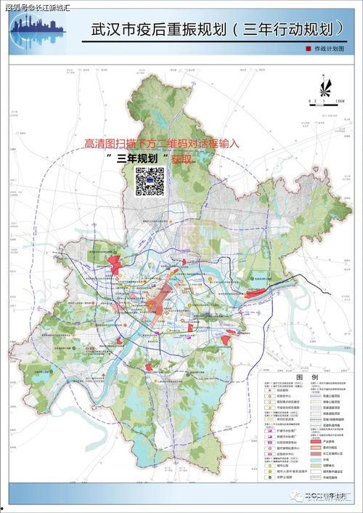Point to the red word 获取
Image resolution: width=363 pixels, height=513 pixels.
182,157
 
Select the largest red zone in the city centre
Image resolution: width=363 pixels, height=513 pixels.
156,304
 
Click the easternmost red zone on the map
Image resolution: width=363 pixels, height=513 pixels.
257,294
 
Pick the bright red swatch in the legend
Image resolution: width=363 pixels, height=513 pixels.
317,441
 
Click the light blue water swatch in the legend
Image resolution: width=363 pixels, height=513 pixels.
317,459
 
